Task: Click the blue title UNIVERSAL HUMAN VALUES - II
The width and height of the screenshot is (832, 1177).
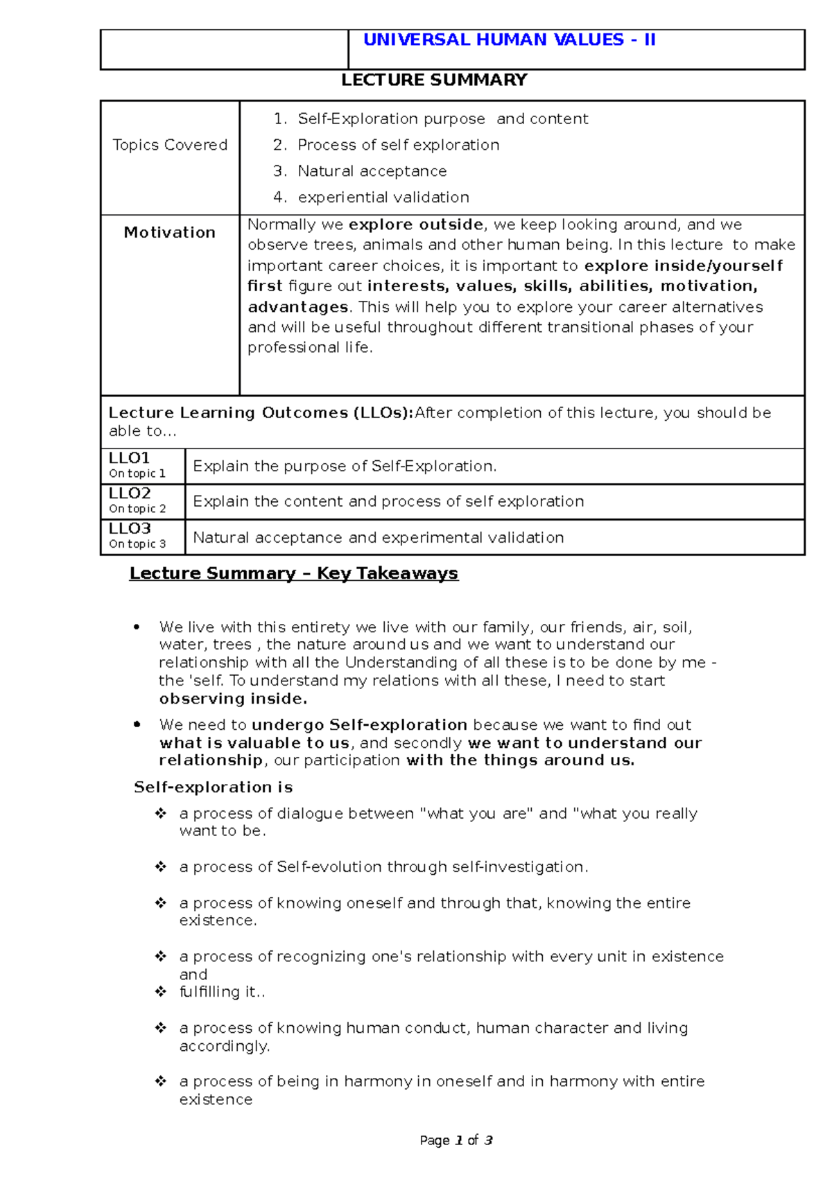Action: coord(509,40)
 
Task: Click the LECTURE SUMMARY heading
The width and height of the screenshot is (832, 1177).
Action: coord(434,80)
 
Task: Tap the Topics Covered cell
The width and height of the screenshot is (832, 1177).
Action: coord(170,145)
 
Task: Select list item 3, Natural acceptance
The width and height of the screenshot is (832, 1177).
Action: coord(372,171)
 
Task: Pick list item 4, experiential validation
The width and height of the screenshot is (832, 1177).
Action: coord(383,198)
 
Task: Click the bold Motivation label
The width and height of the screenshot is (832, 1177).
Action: coord(170,233)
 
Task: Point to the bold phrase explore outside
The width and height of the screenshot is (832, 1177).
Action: coord(416,225)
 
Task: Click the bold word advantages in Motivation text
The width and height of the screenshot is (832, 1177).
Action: coord(297,307)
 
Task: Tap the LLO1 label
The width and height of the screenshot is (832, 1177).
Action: coord(130,458)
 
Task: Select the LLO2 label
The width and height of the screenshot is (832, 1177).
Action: coord(130,494)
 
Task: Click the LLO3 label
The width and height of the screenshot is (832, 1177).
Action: coord(130,529)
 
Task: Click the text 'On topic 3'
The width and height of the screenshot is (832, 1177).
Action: coord(137,544)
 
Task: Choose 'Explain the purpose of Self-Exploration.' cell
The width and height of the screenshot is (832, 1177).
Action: coord(345,467)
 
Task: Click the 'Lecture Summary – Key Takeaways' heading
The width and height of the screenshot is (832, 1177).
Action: coord(293,573)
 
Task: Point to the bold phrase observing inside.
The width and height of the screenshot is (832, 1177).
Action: coord(232,699)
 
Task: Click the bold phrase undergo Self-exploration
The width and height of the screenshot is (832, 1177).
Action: coord(359,725)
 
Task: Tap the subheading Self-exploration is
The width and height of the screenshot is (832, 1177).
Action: coord(213,787)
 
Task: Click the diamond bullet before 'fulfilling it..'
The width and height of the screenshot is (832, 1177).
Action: coord(161,992)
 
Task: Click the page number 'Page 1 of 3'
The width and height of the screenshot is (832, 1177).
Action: coord(456,1140)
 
